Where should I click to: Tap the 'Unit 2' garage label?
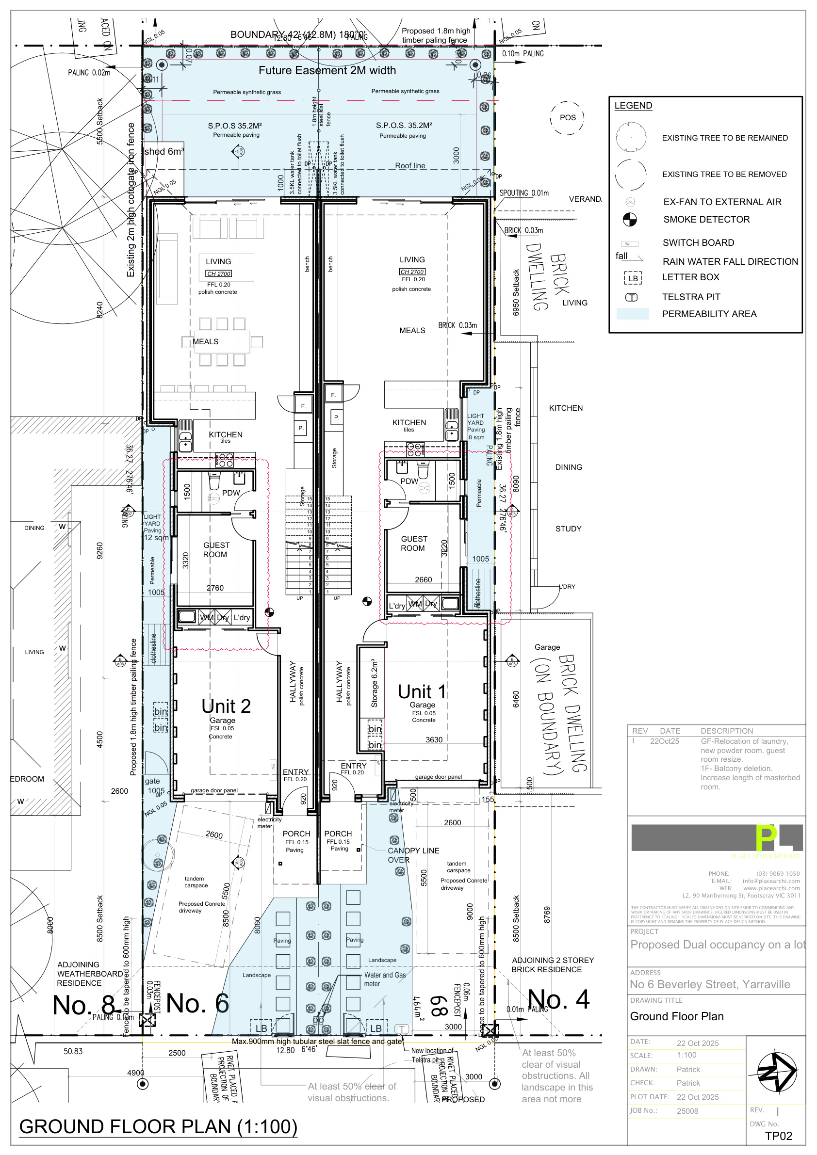pos(226,706)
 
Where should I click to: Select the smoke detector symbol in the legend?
pos(630,219)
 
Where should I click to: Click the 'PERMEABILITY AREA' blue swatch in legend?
pos(633,314)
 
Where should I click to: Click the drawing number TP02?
pos(778,1136)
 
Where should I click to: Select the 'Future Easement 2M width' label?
pos(327,70)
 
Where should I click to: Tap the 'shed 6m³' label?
pos(164,151)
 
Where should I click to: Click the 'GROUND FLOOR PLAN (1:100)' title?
pos(158,1127)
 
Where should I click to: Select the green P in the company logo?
pos(766,838)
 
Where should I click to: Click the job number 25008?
pos(687,1111)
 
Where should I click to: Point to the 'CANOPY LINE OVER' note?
pos(413,855)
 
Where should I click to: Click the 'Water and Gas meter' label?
pos(385,979)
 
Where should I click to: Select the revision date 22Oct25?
pos(665,741)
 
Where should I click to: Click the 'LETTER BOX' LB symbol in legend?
pos(633,278)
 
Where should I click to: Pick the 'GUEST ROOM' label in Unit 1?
pos(414,543)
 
